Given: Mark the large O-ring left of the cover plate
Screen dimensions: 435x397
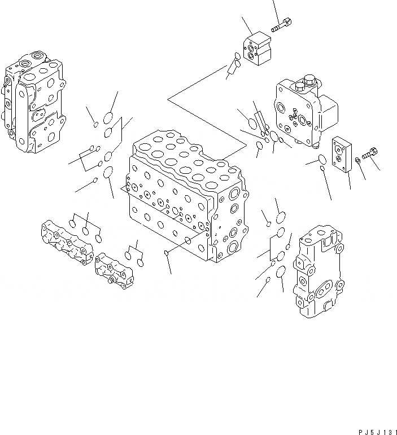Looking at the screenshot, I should coord(321,160).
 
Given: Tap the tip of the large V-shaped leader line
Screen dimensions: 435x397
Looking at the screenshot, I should coord(168,100).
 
